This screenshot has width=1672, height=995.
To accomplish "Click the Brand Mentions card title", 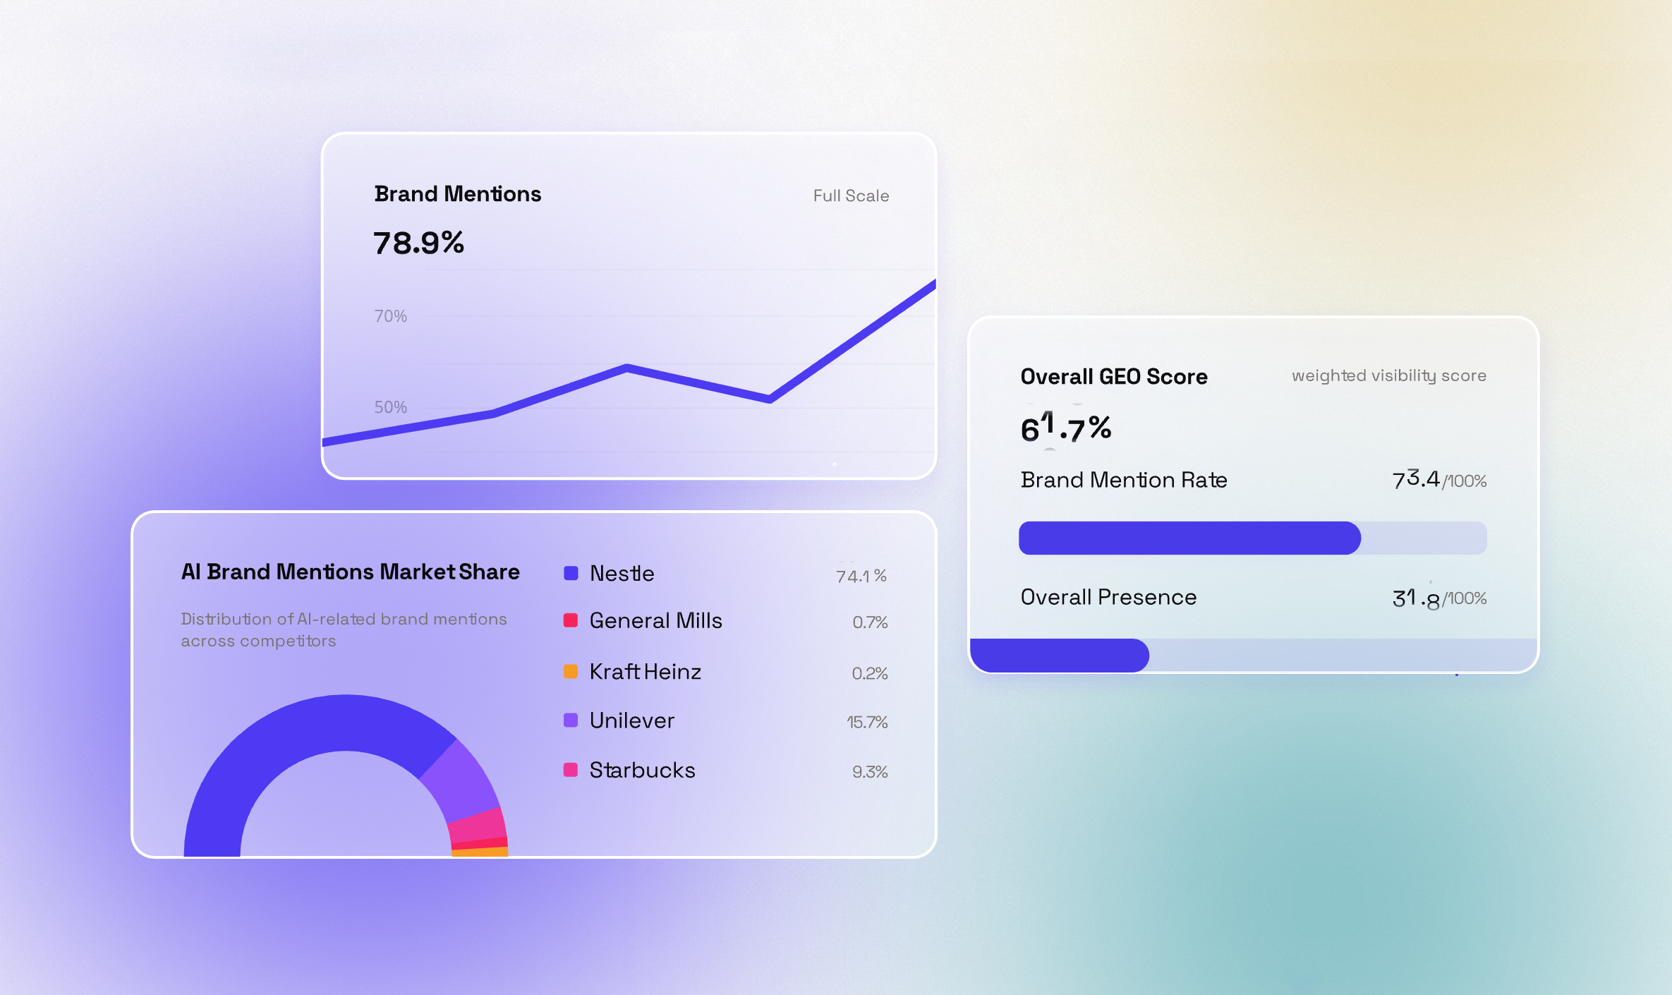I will coord(457,194).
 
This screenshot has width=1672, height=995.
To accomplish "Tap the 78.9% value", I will coord(418,243).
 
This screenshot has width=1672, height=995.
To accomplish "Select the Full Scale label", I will coord(851,196).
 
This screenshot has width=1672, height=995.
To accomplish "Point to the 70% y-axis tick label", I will coord(390,316).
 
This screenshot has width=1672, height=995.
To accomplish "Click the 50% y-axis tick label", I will coord(390,407).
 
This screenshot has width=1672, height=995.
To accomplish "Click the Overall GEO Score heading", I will coord(1113,377).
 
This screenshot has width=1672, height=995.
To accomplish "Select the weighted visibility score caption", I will coord(1388,376).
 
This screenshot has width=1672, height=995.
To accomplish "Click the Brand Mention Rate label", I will coord(1123,480).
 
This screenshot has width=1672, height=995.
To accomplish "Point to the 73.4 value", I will coord(1415,480).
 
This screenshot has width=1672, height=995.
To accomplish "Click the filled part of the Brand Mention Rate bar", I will coord(1189,538).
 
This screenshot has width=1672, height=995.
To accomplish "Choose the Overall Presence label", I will coord(1108,598).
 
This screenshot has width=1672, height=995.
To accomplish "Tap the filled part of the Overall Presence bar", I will coord(1058,656).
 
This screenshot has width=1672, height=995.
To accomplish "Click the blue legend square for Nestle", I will coord(571,573).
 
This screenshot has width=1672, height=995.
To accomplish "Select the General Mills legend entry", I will coord(655,621).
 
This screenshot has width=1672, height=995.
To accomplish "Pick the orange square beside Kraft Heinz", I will coord(571,672).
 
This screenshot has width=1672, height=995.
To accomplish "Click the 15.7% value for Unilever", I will coord(866,722).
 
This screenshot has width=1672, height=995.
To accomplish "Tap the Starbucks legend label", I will coord(642,770).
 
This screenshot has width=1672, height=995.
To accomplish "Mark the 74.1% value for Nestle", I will coord(861,576).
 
